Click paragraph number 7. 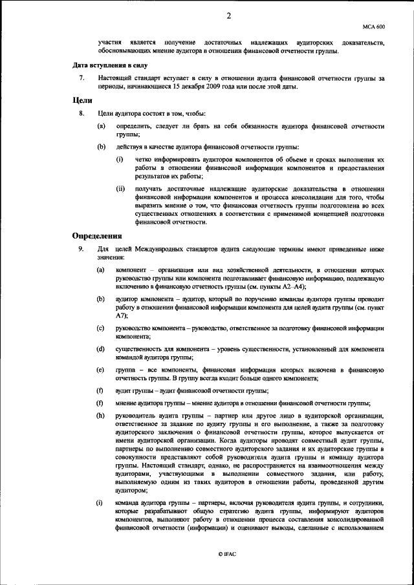tap(81, 78)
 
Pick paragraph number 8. tap(81, 114)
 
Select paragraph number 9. tap(81, 250)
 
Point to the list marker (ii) tap(120, 189)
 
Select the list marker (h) tap(100, 415)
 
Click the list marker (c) tap(100, 329)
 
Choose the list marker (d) tap(100, 349)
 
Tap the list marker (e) tap(100, 369)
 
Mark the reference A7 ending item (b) tap(121, 315)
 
